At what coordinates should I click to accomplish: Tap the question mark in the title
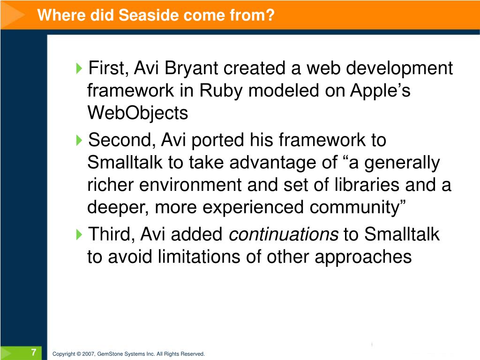point(270,15)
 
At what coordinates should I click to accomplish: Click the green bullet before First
point(79,68)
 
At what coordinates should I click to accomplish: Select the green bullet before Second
point(79,140)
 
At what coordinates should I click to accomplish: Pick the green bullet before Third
point(79,234)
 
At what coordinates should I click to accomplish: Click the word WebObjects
point(137,113)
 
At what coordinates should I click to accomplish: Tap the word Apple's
point(380,90)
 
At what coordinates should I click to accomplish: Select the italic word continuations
point(284,234)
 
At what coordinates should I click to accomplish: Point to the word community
point(357,208)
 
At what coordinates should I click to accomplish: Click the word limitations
point(199,256)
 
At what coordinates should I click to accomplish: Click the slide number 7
point(34,352)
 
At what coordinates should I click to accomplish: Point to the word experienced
point(253,208)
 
